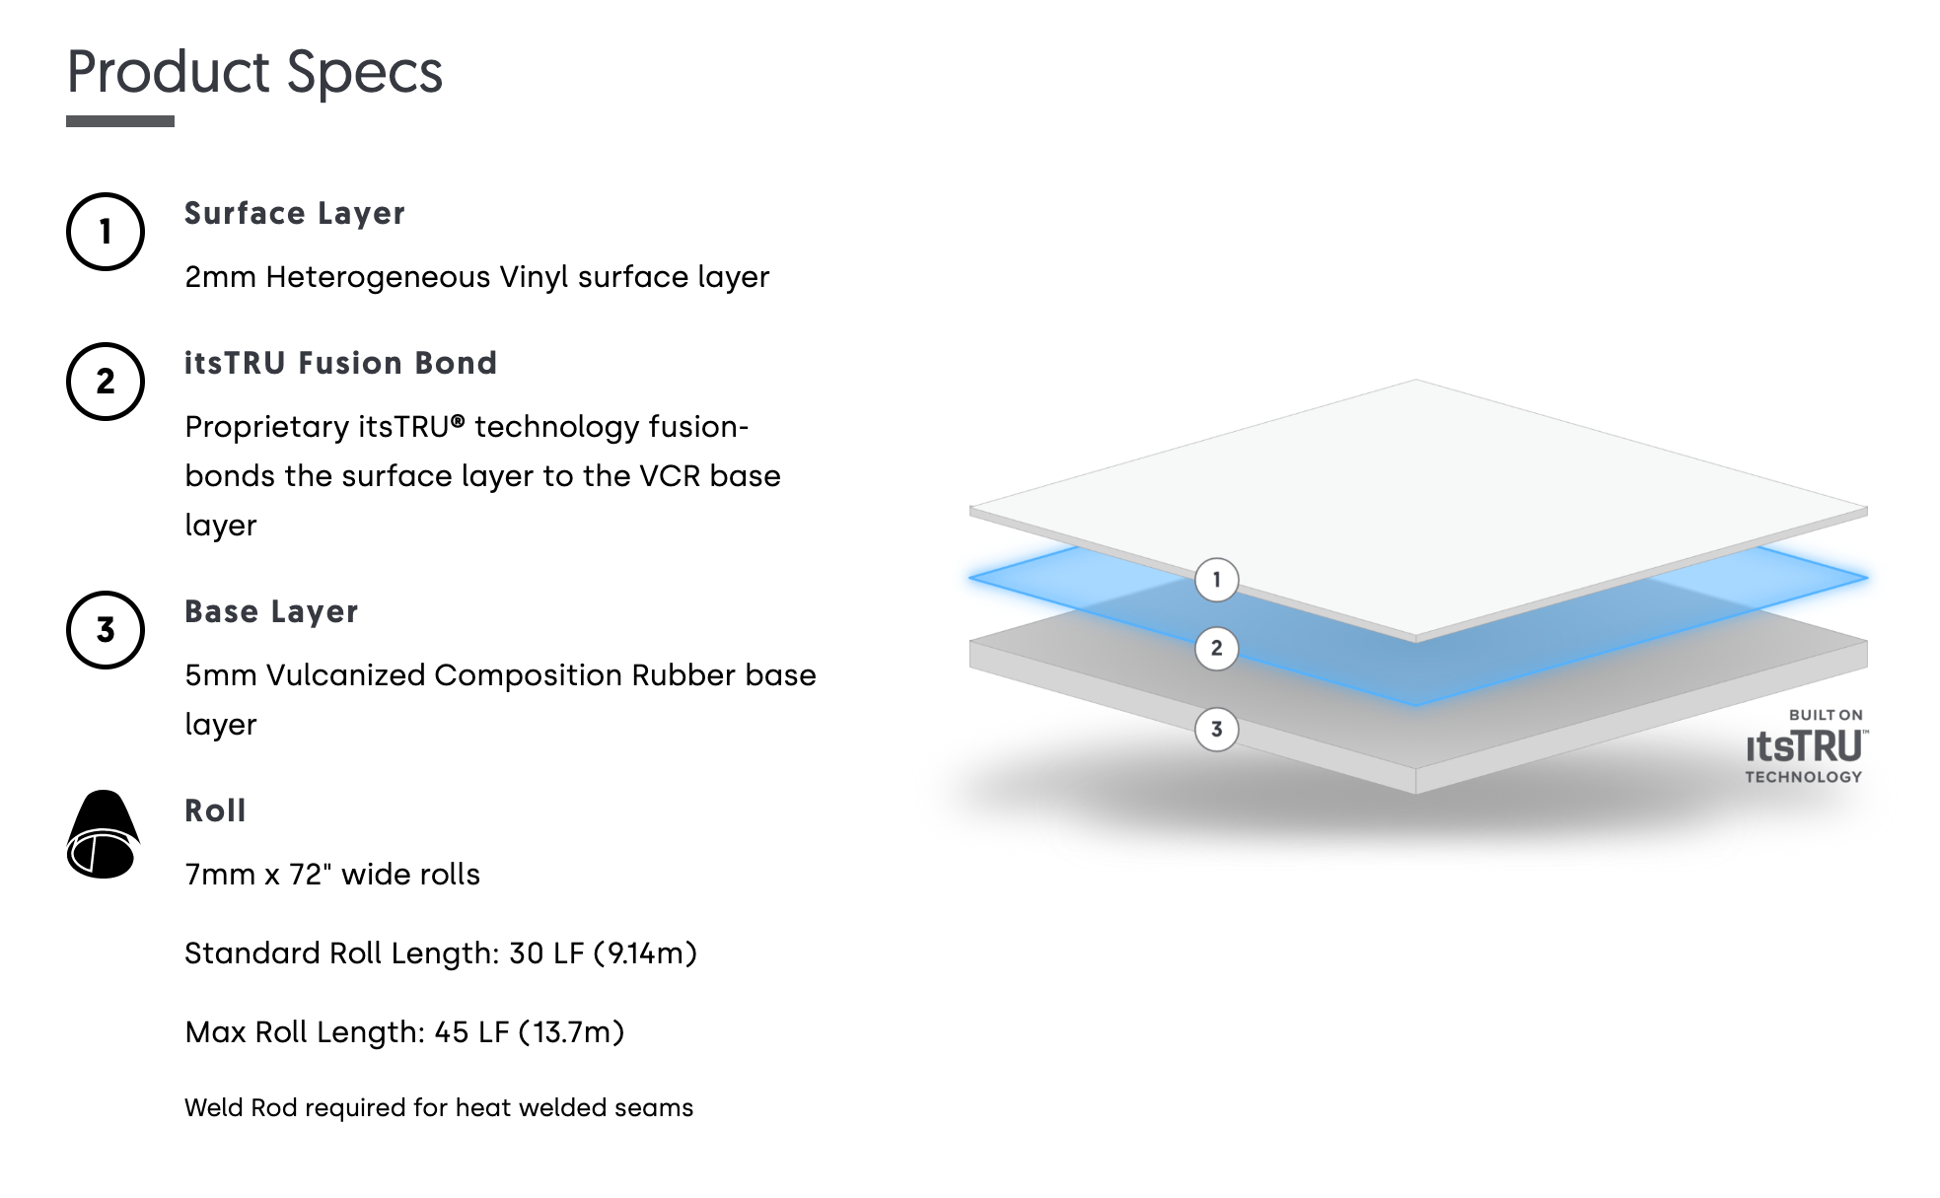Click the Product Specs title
click(x=254, y=72)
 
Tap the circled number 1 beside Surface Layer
click(x=106, y=232)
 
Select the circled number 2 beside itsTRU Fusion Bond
click(x=106, y=382)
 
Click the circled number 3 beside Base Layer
click(x=106, y=630)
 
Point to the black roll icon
click(x=104, y=834)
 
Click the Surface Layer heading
click(x=295, y=214)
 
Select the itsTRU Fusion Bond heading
click(x=340, y=363)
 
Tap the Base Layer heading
click(x=271, y=612)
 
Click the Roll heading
click(x=215, y=810)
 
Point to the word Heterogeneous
click(x=378, y=277)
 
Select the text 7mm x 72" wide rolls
click(x=332, y=875)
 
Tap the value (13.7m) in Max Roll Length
click(x=571, y=1032)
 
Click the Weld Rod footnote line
click(x=439, y=1108)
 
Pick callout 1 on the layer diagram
click(x=1217, y=580)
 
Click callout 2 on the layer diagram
click(x=1217, y=648)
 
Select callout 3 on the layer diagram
click(x=1217, y=730)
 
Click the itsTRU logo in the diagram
click(x=1805, y=746)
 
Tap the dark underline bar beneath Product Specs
click(x=120, y=121)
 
